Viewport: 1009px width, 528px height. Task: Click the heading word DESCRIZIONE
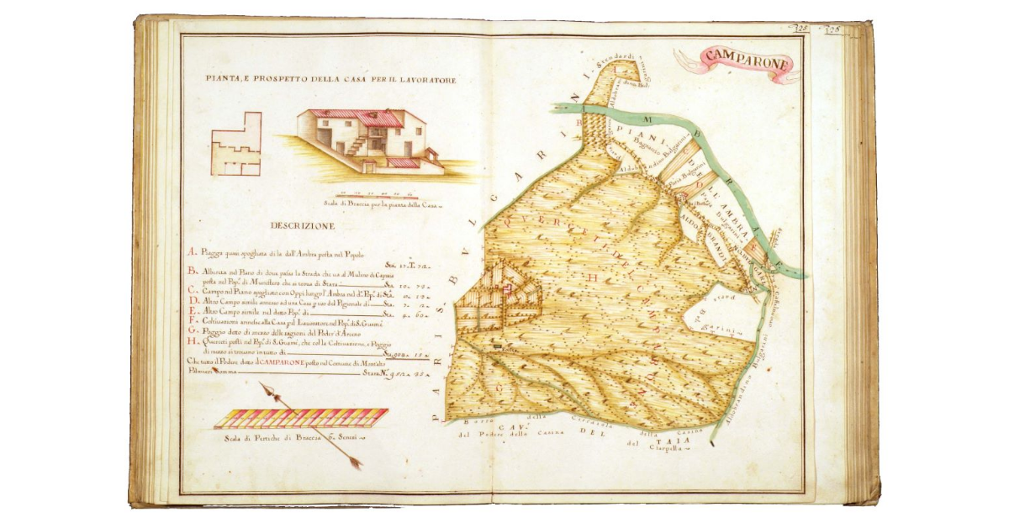point(303,226)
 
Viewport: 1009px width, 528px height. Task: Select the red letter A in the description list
point(191,251)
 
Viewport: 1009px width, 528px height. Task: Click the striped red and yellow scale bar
point(300,418)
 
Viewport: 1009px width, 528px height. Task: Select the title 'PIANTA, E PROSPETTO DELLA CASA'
point(330,80)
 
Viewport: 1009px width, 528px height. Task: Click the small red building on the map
point(507,290)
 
